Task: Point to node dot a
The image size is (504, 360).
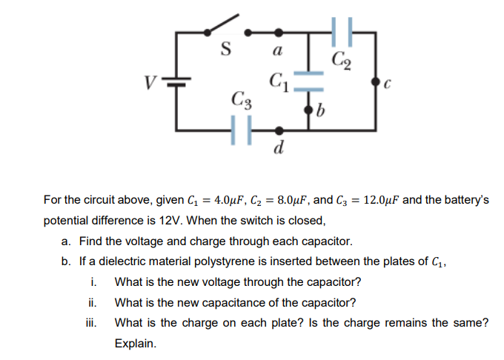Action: [x=279, y=33]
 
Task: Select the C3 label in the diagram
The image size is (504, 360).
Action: [x=240, y=99]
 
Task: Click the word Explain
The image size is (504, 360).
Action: [x=136, y=344]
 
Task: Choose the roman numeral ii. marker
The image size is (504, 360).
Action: [x=93, y=302]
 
